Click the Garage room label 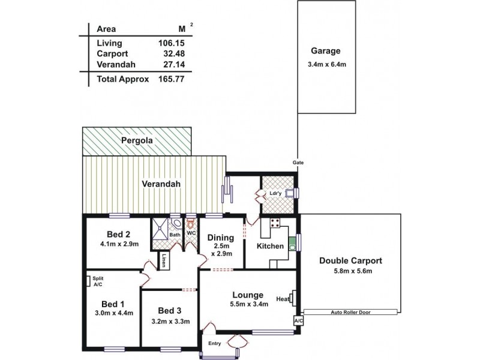click(x=325, y=51)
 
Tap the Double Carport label click(x=350, y=261)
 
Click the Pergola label click(x=137, y=140)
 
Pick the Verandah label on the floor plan click(x=160, y=184)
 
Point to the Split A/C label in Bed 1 click(x=96, y=281)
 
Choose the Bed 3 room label click(x=170, y=311)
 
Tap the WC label click(x=191, y=233)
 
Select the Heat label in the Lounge click(x=282, y=298)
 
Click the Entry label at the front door click(x=215, y=343)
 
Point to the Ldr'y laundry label click(x=275, y=193)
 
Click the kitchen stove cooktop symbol click(x=275, y=223)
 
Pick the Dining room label click(x=220, y=238)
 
